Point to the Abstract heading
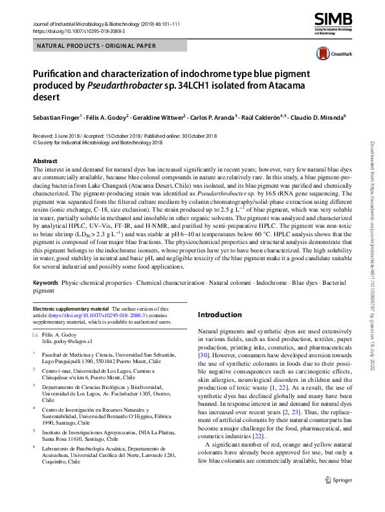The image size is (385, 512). tap(45, 161)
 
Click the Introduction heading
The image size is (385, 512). tap(219, 315)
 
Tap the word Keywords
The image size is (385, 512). tap(45, 284)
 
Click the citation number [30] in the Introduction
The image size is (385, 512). tap(203, 355)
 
